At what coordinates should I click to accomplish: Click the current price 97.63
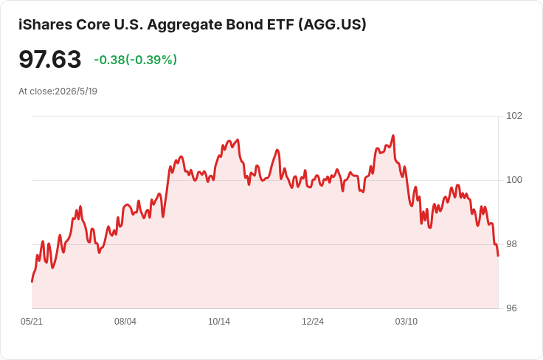click(x=50, y=59)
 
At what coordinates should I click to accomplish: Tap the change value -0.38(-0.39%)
click(x=136, y=60)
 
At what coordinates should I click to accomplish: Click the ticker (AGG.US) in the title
click(x=332, y=24)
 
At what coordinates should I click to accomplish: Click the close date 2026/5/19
click(x=76, y=91)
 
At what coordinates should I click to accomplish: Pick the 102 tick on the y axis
click(x=514, y=116)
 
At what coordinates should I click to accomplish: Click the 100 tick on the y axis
click(x=514, y=180)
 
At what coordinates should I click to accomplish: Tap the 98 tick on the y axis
click(x=511, y=244)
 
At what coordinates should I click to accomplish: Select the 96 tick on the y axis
click(x=511, y=308)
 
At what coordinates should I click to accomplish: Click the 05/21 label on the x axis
click(x=32, y=322)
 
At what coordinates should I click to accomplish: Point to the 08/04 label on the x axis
click(x=125, y=322)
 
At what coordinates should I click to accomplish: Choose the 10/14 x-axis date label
click(x=219, y=322)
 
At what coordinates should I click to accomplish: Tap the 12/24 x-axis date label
click(x=313, y=322)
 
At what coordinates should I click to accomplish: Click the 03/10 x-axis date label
click(x=407, y=322)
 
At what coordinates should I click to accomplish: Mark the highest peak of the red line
click(x=393, y=136)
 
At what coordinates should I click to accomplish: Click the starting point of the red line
click(x=32, y=281)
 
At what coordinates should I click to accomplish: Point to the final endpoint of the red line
click(x=498, y=256)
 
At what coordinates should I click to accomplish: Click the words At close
click(x=36, y=91)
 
